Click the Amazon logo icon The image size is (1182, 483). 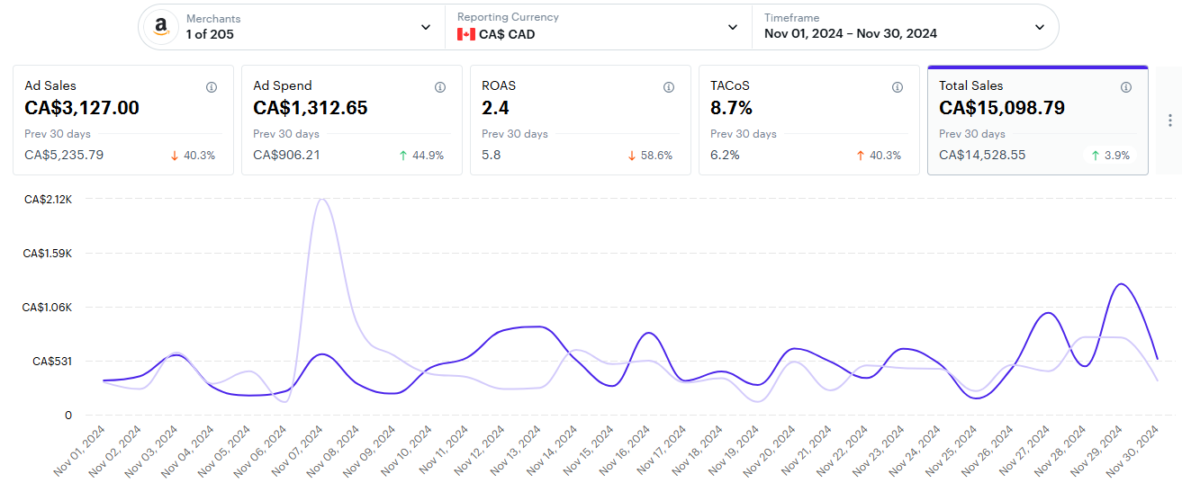pos(161,26)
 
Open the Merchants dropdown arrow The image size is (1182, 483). pos(426,27)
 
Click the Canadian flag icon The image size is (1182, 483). pos(465,34)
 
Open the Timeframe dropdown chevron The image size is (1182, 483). pos(1040,27)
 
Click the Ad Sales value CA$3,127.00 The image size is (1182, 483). pos(82,108)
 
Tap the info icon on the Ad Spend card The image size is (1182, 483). pos(440,87)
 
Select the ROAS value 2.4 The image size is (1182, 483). pos(494,108)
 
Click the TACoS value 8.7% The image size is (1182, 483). pos(731,108)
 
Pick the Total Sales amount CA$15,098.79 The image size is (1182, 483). pos(1002,108)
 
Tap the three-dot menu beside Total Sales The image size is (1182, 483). pos(1169,121)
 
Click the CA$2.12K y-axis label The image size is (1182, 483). pos(48,199)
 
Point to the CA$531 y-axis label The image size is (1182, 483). pos(52,362)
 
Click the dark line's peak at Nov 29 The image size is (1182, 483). pos(1121,284)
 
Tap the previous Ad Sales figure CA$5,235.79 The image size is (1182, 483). pos(64,155)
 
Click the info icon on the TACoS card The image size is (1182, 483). pos(898,87)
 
